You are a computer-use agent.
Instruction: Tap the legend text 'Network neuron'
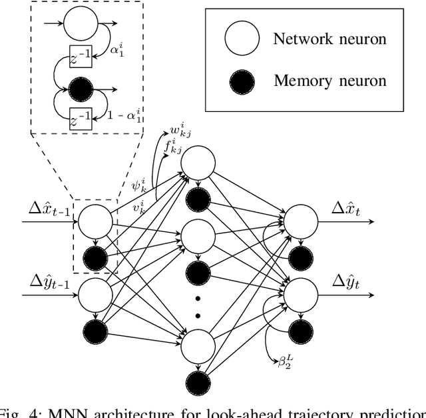(x=329, y=39)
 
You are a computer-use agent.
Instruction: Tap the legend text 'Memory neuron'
(x=329, y=81)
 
